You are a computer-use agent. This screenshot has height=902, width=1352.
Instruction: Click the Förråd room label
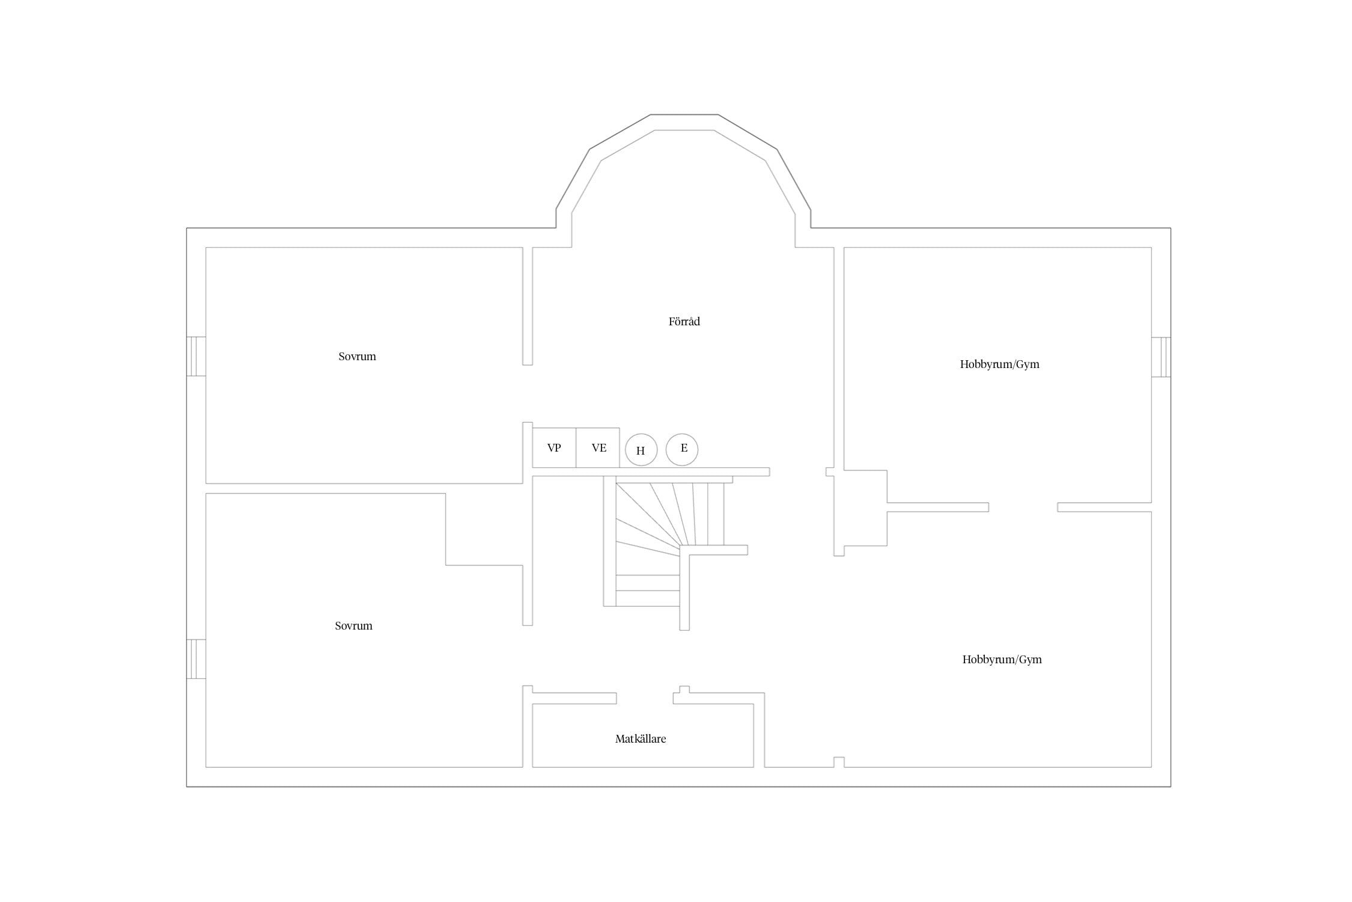coord(684,322)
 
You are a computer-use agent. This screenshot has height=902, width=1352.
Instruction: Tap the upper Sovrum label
coord(357,357)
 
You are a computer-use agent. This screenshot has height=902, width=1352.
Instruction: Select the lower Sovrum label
coord(353,626)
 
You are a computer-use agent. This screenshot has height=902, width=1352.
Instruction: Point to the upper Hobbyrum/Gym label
coord(999,364)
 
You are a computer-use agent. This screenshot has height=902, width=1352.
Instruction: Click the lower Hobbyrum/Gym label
coord(1002,660)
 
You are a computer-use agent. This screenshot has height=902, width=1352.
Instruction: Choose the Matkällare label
coord(641,739)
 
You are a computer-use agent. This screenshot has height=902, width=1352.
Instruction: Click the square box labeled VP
coord(554,448)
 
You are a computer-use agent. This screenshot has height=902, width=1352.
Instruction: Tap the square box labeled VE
coord(598,448)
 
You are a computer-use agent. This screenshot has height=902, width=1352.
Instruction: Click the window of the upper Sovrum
coord(196,357)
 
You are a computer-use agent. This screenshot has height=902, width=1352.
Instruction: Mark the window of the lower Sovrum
coord(196,659)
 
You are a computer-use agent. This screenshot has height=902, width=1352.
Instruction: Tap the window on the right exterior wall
coord(1161,357)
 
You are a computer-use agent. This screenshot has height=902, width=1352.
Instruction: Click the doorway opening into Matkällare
coord(645,698)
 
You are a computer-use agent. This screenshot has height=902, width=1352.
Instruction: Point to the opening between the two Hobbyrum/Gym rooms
coord(1023,507)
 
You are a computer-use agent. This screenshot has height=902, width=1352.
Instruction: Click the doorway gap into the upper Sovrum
coord(528,393)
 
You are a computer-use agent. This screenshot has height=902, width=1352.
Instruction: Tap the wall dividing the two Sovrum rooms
coord(364,488)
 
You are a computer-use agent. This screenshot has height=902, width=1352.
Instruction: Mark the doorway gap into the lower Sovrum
coord(528,655)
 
